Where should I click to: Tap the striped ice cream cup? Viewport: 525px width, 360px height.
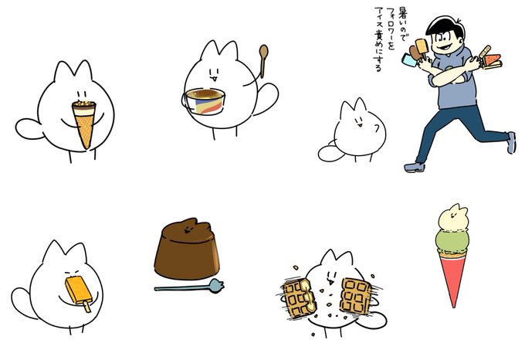click(x=205, y=101)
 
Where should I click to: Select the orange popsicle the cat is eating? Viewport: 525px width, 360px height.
click(x=77, y=290)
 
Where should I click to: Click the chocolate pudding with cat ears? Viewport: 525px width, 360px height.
click(x=187, y=250)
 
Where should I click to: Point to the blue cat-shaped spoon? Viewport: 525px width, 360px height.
click(x=189, y=287)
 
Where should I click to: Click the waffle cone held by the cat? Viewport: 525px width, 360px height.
click(x=84, y=124)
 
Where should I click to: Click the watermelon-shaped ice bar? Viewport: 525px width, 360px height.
click(x=492, y=60)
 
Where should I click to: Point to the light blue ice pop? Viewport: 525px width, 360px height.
click(x=409, y=60)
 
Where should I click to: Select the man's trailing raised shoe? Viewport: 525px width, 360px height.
click(x=511, y=143)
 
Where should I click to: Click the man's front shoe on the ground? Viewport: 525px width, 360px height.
click(x=415, y=167)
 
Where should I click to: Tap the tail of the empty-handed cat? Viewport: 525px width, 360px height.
click(x=330, y=152)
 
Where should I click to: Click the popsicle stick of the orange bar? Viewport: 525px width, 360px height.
click(x=86, y=306)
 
